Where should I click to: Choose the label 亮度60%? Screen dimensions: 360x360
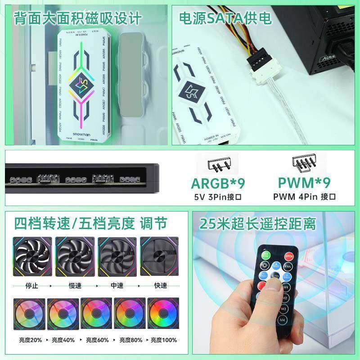tap(96, 340)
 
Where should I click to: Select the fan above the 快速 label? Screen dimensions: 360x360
tap(159, 257)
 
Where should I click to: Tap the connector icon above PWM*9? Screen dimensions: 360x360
tap(305, 164)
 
